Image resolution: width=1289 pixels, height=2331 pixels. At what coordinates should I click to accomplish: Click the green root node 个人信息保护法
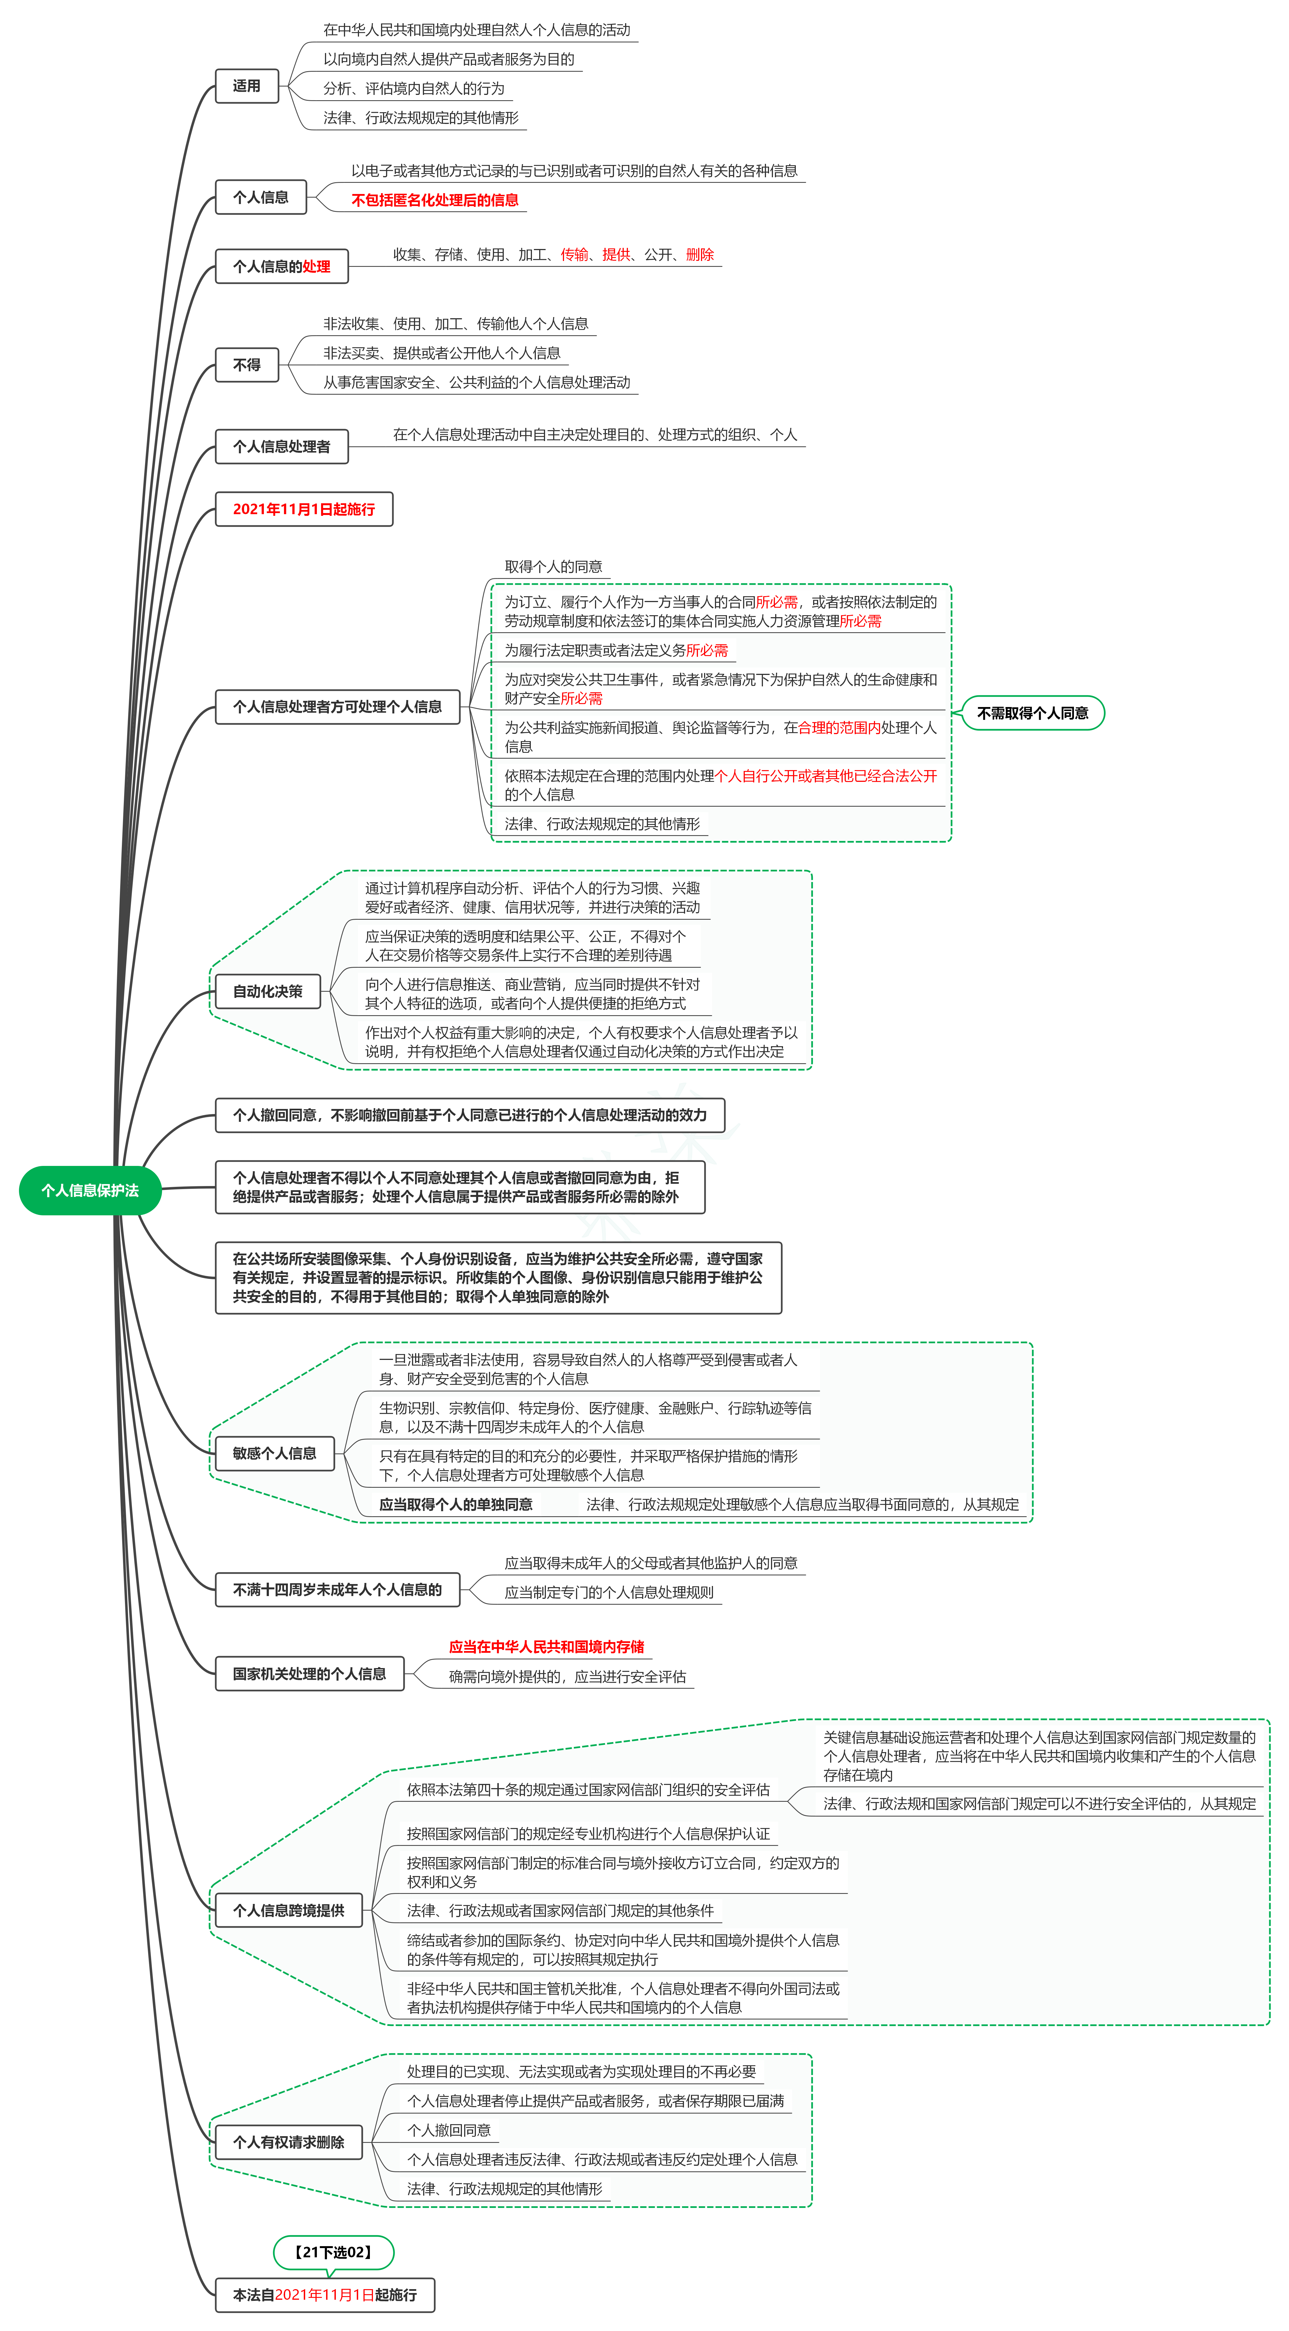tap(90, 1190)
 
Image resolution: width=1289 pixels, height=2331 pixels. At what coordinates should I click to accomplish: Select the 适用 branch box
tap(247, 86)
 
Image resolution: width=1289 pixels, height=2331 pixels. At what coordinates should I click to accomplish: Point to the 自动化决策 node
tap(268, 992)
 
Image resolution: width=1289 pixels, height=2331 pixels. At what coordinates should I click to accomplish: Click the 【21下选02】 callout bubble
tap(334, 2252)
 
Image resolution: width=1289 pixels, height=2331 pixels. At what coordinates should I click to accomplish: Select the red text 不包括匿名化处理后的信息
tap(435, 200)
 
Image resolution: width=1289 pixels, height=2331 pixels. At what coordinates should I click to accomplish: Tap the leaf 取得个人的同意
tap(554, 566)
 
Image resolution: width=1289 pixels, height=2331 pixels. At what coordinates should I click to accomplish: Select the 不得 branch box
tap(247, 365)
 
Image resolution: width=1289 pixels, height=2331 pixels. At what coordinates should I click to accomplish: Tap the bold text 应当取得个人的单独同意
tap(456, 1504)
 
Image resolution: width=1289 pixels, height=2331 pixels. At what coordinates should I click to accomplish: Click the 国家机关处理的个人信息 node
tap(309, 1674)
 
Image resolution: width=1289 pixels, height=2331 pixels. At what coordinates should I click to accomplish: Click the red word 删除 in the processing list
tap(700, 254)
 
